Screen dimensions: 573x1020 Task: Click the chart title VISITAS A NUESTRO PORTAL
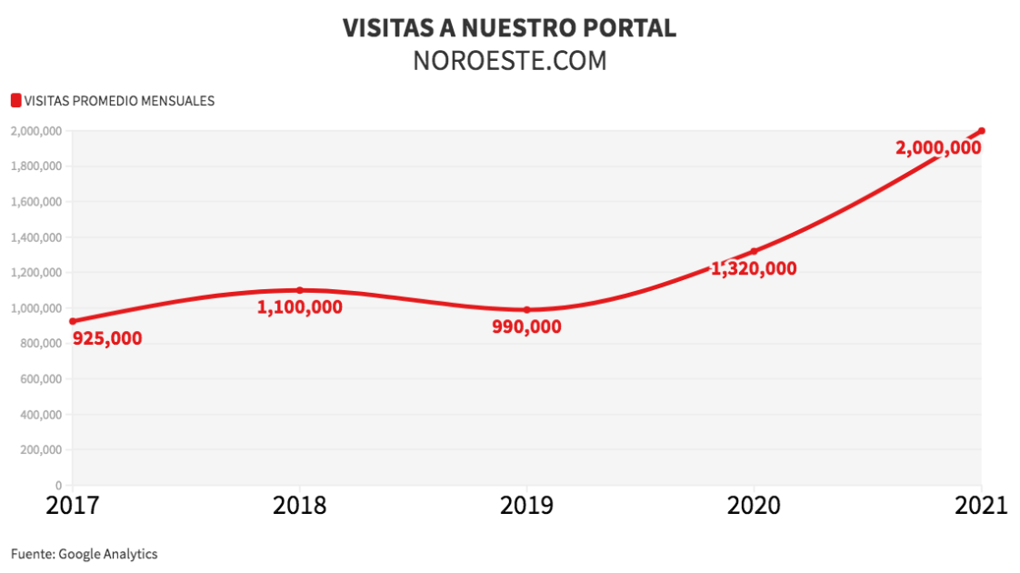509,27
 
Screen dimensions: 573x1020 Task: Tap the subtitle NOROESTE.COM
509,60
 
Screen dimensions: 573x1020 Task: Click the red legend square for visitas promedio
15,100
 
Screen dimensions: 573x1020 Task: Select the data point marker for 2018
300,290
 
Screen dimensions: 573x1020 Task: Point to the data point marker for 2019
527,310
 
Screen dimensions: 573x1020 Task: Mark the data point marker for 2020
755,251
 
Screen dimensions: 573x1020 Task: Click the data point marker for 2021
982,131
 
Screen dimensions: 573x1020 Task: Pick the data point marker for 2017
73,321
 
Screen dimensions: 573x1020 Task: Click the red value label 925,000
107,338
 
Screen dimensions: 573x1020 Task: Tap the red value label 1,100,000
300,307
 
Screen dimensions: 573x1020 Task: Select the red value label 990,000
526,327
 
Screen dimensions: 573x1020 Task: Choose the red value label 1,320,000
754,268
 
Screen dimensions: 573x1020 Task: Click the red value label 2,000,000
938,147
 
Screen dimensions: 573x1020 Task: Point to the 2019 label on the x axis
526,506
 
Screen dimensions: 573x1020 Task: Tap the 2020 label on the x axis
754,506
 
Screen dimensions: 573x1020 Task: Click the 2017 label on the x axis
72,506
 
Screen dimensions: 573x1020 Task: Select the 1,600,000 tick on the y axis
36,202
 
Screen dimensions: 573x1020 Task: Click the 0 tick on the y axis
57,486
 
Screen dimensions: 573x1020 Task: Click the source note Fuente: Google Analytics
85,553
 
